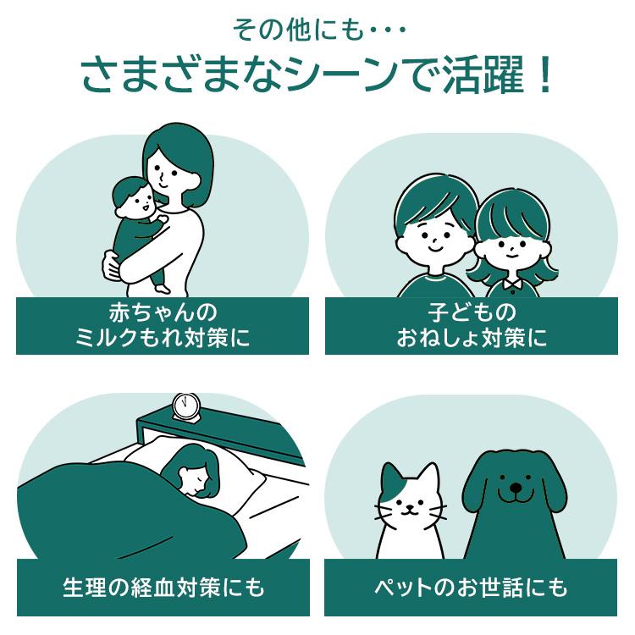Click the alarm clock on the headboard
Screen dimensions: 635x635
coord(186,407)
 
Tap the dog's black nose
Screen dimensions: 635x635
coord(516,487)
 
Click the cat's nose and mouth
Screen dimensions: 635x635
coord(410,509)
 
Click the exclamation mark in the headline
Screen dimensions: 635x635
coord(545,75)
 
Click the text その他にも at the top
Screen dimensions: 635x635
coord(299,30)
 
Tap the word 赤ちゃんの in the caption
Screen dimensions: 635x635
coord(163,312)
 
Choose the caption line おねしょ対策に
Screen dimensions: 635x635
coord(472,338)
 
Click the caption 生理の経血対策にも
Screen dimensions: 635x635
coord(163,588)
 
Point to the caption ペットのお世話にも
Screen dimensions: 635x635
coord(471,588)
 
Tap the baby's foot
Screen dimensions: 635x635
coord(163,289)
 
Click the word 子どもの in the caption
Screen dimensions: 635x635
coord(472,312)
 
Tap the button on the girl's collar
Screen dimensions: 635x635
coord(512,291)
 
